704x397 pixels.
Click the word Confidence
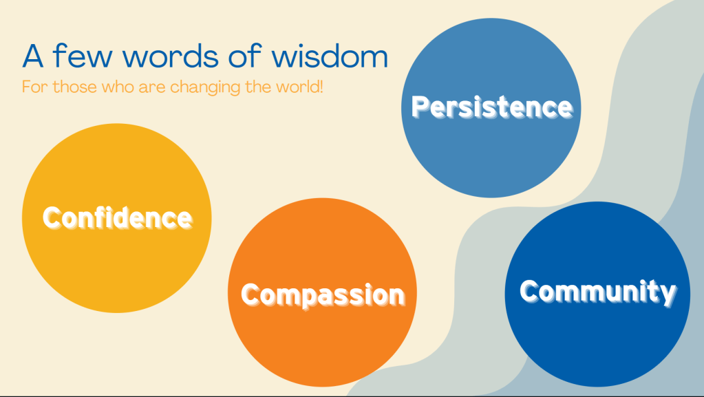click(x=118, y=218)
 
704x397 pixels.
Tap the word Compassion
click(x=323, y=295)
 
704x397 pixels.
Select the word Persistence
click(x=492, y=107)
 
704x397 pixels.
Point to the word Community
click(x=597, y=292)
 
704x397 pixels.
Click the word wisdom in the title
click(x=330, y=56)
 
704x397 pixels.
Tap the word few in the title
click(x=82, y=56)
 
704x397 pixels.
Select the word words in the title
click(x=170, y=56)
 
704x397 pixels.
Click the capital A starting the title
click(x=33, y=56)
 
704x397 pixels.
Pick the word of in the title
click(x=245, y=56)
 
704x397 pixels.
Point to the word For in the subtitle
click(x=34, y=87)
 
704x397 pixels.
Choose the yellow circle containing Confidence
click(x=117, y=218)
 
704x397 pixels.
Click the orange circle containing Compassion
click(x=322, y=292)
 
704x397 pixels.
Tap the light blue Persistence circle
click(x=491, y=108)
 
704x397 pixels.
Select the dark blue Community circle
click(x=597, y=294)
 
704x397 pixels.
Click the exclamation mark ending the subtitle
click(x=321, y=87)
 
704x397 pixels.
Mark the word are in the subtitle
click(x=152, y=87)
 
